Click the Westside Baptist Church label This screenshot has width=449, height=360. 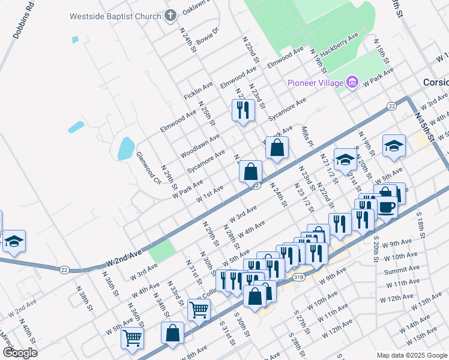click(x=116, y=16)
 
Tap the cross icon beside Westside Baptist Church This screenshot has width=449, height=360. click(x=170, y=16)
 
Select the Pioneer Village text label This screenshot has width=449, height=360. click(x=315, y=83)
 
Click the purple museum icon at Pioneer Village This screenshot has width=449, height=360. click(x=352, y=82)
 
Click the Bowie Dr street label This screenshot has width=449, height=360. click(x=208, y=37)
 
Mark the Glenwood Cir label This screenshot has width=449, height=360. click(x=149, y=167)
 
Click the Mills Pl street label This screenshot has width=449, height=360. click(x=307, y=136)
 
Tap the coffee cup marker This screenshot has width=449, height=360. click(x=386, y=208)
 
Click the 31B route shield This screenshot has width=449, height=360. click(x=300, y=277)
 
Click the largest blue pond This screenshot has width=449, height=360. click(x=126, y=149)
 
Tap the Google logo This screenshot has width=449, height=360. click(x=20, y=352)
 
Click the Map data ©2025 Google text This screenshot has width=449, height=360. click(x=411, y=355)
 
